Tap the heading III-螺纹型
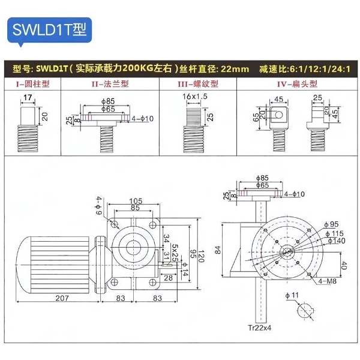[x=197, y=85]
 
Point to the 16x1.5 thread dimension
[x=195, y=96]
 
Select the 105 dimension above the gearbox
[x=136, y=200]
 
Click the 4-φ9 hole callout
[x=98, y=205]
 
